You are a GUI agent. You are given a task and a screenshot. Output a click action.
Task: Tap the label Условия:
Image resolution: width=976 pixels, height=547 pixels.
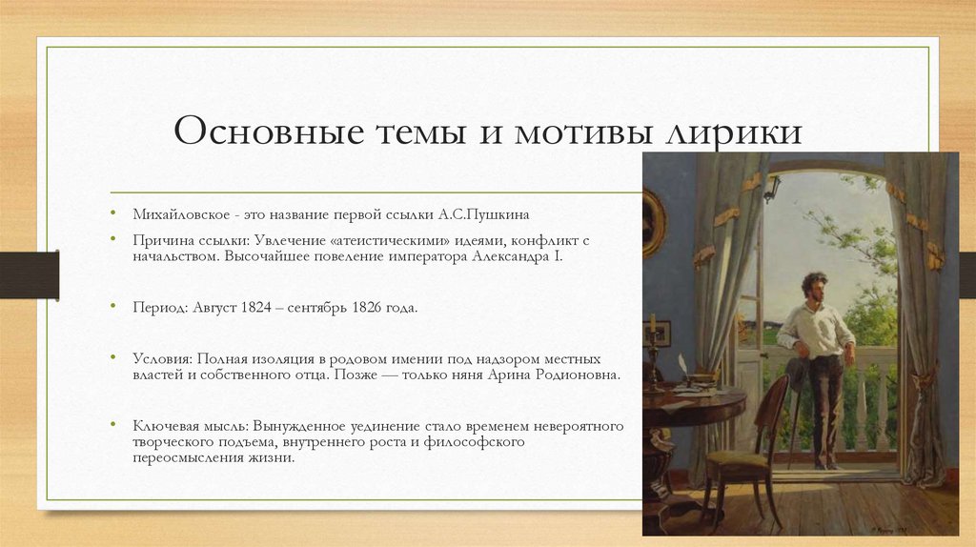coord(163,359)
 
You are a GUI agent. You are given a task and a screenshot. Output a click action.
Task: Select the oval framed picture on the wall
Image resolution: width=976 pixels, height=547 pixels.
coord(654,221)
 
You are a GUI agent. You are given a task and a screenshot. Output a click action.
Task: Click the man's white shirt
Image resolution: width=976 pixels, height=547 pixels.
coord(816,329)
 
